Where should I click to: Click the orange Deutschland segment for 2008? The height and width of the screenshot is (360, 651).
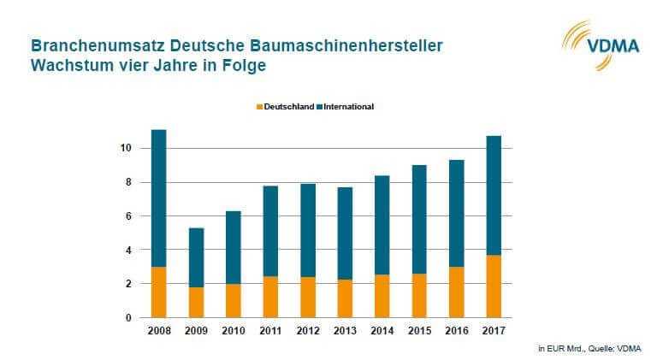point(157,292)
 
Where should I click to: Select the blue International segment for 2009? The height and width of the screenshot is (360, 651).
point(195,257)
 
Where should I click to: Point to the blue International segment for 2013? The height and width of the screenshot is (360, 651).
point(344,233)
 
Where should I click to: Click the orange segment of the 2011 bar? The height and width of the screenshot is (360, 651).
point(269,297)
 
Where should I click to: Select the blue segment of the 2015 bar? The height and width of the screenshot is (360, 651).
point(418,219)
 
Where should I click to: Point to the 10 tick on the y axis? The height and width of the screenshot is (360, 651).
point(125,149)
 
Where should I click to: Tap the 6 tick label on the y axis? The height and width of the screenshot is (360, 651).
point(127,216)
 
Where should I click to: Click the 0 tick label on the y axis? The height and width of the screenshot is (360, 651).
point(127,318)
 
